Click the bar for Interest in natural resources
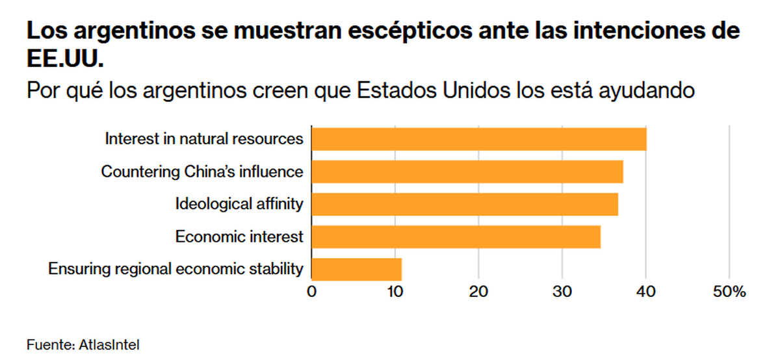click(x=479, y=139)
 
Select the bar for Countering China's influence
click(x=467, y=172)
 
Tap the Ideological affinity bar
click(x=465, y=204)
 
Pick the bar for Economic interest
click(x=456, y=237)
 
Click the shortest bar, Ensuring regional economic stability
click(x=357, y=269)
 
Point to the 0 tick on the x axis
click(x=312, y=292)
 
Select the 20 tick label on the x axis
click(x=478, y=292)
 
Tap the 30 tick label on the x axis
click(x=562, y=292)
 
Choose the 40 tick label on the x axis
click(x=645, y=292)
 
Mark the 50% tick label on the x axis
click(x=729, y=292)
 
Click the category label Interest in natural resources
click(x=204, y=139)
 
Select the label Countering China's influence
click(x=202, y=172)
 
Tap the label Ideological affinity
click(x=239, y=204)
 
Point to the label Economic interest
click(x=239, y=237)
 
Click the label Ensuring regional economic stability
click(x=176, y=269)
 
